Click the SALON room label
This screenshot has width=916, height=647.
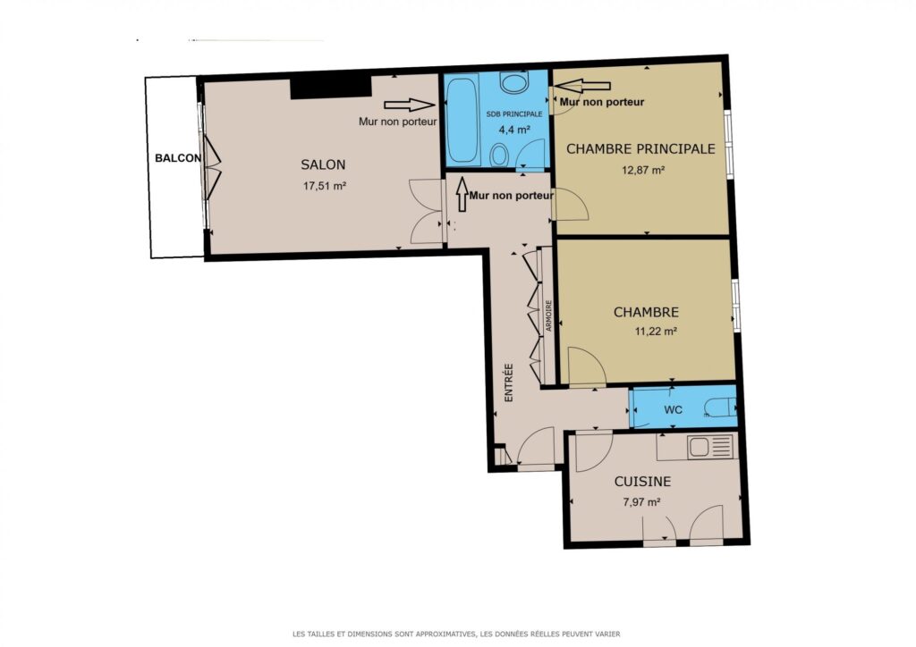point(323,165)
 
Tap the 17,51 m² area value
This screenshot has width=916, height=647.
point(324,186)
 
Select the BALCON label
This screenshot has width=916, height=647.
point(178,158)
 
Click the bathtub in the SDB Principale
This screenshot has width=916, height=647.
point(462,120)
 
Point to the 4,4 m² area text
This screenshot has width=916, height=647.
point(513,130)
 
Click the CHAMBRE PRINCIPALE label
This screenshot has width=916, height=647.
point(640,148)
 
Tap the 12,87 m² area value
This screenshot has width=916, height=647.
point(643,171)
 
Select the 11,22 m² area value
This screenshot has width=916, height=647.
point(656,332)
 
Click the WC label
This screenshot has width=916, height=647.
point(673,410)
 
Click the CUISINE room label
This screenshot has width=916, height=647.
point(642,482)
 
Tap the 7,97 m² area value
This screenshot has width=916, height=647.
point(642,501)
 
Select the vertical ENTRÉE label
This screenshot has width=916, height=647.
point(509,382)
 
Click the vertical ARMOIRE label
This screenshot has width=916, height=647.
point(548,316)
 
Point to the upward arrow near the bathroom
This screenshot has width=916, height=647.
point(462,194)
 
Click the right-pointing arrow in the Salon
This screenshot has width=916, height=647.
point(410,105)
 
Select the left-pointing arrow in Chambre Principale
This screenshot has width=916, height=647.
point(581,86)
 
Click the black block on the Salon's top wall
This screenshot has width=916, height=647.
point(331,88)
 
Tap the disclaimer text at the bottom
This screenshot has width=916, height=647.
point(456,634)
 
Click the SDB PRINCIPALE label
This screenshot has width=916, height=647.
point(514,113)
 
